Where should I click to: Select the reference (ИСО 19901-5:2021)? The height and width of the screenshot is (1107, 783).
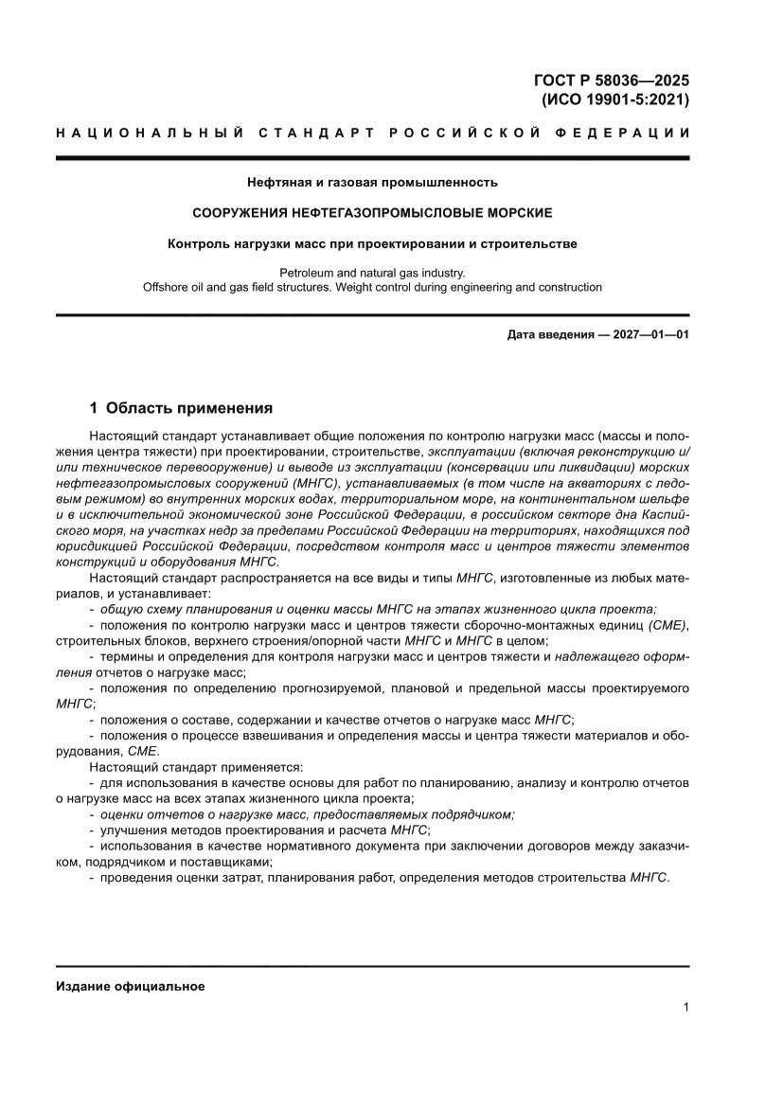tap(614, 98)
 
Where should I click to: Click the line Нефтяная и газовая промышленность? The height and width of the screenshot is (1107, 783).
tap(372, 181)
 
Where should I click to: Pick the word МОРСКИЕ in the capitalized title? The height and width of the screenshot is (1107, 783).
tap(519, 212)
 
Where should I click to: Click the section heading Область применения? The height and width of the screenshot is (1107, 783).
tap(189, 408)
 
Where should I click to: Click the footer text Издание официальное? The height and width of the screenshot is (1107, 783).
tap(131, 986)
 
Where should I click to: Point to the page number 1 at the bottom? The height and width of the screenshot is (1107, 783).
tap(685, 1008)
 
